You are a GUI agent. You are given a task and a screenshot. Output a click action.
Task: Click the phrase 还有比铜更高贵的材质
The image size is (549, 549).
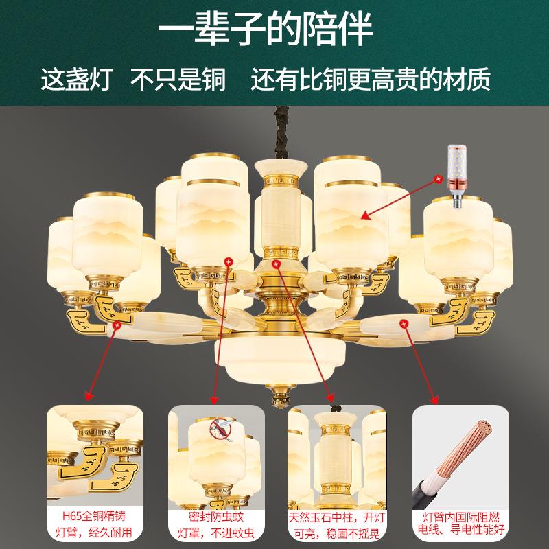(x=371, y=81)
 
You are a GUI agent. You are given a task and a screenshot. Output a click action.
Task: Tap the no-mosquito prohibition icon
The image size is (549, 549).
(x=220, y=430)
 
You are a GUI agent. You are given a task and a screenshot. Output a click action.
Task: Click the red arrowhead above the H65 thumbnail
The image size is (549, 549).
(x=89, y=396)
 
